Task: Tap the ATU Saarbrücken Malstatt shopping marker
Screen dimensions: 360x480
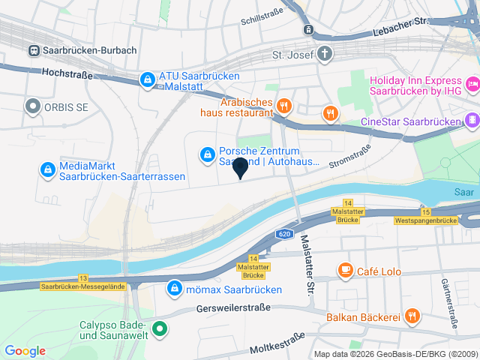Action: (147, 79)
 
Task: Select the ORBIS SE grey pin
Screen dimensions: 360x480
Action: (33, 107)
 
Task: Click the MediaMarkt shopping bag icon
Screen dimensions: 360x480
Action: (48, 170)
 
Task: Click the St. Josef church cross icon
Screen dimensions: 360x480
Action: (325, 54)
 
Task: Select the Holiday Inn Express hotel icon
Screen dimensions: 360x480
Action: (472, 82)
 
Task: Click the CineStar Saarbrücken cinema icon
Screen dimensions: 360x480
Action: (472, 119)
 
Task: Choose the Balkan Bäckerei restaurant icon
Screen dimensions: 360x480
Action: (412, 316)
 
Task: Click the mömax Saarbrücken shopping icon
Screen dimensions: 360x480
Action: (174, 288)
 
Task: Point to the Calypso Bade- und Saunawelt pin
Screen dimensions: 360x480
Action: (160, 329)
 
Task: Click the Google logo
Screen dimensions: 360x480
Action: (25, 350)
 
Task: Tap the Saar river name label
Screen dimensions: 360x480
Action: (463, 192)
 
